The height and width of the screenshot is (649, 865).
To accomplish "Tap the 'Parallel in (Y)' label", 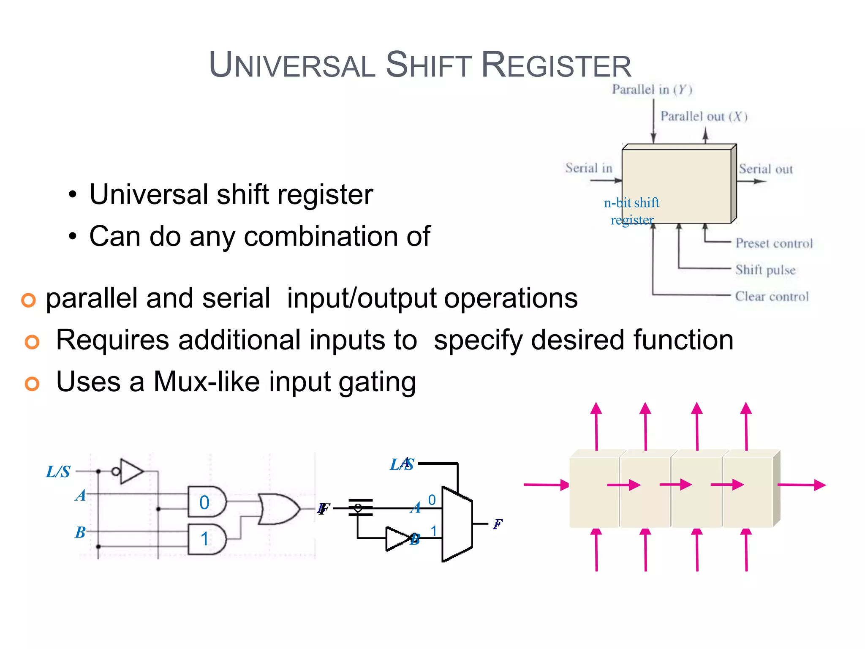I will pos(652,90).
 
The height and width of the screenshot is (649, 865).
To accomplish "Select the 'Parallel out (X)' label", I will pos(704,117).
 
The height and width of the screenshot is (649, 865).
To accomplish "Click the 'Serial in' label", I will pos(588,168).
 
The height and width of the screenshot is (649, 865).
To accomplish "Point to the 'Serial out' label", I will pos(765,169).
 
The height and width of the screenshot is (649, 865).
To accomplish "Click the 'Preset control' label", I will pos(774,243).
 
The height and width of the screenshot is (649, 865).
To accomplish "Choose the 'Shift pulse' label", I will pos(765,270).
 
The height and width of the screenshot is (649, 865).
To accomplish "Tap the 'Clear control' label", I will pos(772,297).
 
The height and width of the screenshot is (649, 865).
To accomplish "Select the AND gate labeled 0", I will pos(207,502).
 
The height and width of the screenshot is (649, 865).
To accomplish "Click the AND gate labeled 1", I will pos(207,539).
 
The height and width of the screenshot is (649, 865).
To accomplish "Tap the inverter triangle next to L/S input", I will pos(131,471).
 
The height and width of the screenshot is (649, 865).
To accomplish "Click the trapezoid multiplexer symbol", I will pos(457,524).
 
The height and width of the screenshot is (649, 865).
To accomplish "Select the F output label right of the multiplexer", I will pos(498,524).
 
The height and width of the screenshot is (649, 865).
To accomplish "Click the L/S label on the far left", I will pos(58,472).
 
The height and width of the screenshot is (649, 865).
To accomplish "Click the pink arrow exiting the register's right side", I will pos(801,485).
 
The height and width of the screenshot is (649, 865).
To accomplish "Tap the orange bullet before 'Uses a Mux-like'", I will pos(32,384).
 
